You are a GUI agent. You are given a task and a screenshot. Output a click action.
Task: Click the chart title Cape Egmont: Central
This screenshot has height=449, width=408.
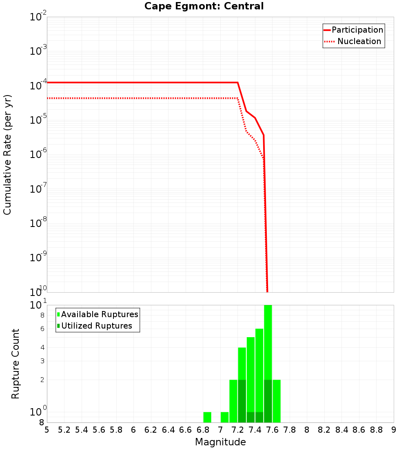(204, 6)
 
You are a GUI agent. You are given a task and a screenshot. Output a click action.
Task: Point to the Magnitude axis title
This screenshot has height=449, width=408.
(220, 442)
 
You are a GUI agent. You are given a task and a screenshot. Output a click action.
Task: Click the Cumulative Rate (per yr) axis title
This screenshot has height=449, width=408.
(7, 154)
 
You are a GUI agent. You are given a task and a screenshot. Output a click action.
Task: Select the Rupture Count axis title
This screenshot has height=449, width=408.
(16, 364)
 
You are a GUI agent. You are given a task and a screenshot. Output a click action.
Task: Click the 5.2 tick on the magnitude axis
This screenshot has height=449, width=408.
(64, 430)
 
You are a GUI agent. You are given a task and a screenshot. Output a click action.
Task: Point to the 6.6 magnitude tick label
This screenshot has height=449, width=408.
(186, 430)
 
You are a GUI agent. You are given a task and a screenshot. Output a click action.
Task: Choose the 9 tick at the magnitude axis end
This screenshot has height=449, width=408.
(393, 430)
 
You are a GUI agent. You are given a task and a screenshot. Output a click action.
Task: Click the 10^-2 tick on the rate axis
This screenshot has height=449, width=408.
(38, 17)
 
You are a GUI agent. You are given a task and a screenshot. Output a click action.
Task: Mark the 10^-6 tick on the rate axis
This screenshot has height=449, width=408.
(38, 155)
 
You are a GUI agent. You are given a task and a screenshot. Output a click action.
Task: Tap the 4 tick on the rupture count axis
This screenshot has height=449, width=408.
(42, 348)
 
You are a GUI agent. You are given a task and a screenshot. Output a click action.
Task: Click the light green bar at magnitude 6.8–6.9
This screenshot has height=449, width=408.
(207, 417)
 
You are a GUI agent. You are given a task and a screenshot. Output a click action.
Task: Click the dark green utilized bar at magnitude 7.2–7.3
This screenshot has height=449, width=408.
(242, 401)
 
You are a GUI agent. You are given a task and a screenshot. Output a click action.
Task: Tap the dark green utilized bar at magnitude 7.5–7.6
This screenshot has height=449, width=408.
(268, 401)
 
